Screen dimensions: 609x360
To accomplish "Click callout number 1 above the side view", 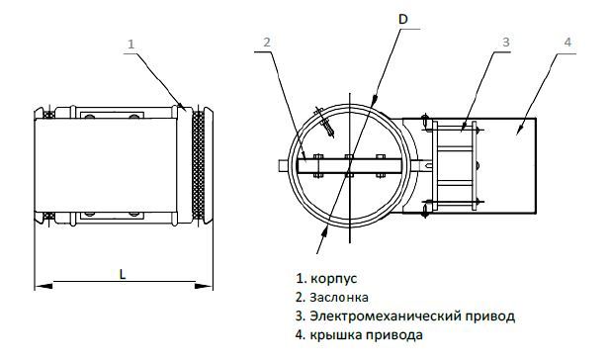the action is pyautogui.click(x=130, y=44).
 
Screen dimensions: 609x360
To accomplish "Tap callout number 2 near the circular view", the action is pyautogui.click(x=267, y=42).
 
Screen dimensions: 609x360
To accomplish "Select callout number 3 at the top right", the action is pyautogui.click(x=506, y=42).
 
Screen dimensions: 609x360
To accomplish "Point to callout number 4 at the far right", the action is pyautogui.click(x=567, y=42).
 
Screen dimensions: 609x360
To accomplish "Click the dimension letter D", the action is pyautogui.click(x=403, y=20).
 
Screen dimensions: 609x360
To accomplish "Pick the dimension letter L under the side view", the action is pyautogui.click(x=123, y=275).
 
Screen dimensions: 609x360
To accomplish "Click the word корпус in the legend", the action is pyautogui.click(x=334, y=279).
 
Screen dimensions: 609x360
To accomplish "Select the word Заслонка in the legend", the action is pyautogui.click(x=339, y=298).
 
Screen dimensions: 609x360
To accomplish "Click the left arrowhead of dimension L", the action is pyautogui.click(x=43, y=286).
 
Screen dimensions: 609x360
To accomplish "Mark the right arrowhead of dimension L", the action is pyautogui.click(x=204, y=286).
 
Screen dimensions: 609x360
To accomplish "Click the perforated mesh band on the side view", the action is pyautogui.click(x=198, y=165).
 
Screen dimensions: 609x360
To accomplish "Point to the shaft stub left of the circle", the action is pyautogui.click(x=284, y=165).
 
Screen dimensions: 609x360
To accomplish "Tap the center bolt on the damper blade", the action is pyautogui.click(x=350, y=166).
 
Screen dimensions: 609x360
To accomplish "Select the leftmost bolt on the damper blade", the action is pyautogui.click(x=318, y=166).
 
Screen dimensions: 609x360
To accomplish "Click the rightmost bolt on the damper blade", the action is pyautogui.click(x=381, y=166).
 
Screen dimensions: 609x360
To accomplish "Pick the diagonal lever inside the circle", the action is pyautogui.click(x=325, y=122).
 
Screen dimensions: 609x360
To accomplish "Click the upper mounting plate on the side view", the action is pyautogui.click(x=112, y=116).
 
